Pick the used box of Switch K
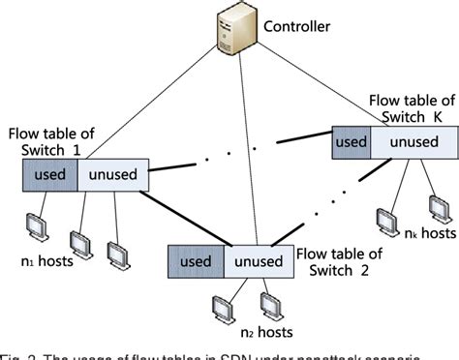point(352,140)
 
